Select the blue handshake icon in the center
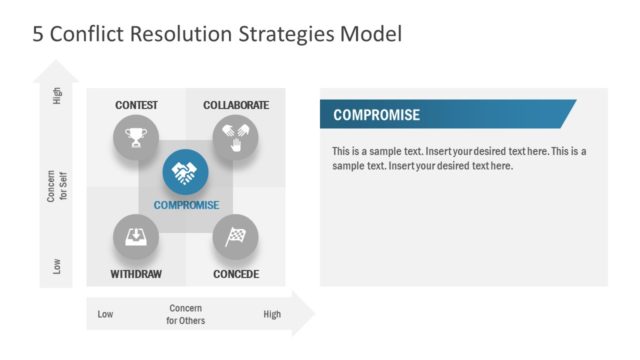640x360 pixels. [186, 173]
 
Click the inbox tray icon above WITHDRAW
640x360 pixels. [135, 237]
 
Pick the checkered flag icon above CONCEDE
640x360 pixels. [236, 237]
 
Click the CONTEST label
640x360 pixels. [136, 105]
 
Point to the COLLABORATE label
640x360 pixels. [236, 105]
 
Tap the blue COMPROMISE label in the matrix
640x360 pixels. [186, 206]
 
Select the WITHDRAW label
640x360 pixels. [135, 274]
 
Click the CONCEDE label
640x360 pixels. [236, 274]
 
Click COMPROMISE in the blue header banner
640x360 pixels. [376, 115]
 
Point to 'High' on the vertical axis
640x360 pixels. [57, 100]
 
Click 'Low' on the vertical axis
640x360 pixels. [57, 266]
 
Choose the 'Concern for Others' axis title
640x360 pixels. [186, 314]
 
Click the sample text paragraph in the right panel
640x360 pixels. [459, 158]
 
